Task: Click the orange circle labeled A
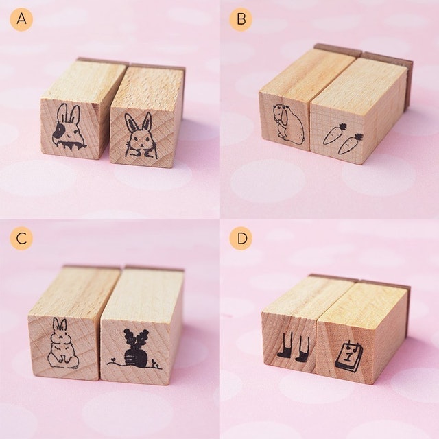click(21, 19)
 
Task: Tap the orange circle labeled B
click(240, 19)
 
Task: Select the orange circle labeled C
click(21, 239)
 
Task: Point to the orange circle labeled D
click(240, 239)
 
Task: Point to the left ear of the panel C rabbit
click(57, 327)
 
